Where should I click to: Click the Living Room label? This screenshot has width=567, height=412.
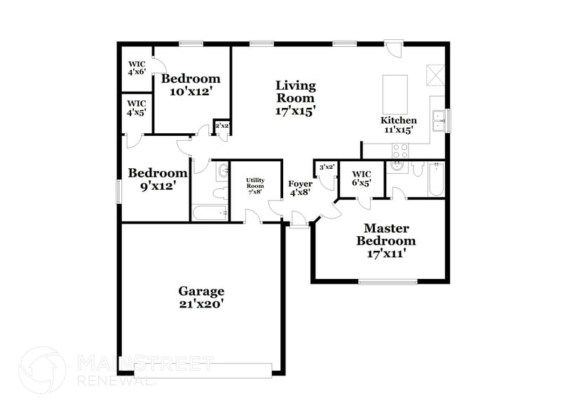(x=295, y=97)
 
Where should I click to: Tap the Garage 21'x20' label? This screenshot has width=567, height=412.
(x=201, y=297)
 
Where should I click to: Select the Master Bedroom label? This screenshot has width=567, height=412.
(x=385, y=241)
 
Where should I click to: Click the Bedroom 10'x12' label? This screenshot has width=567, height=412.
(x=191, y=85)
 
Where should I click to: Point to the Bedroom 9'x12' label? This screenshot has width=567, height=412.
(x=158, y=179)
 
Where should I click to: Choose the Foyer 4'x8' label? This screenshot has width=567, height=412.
(x=301, y=188)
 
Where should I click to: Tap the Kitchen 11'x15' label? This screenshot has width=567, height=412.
(x=399, y=125)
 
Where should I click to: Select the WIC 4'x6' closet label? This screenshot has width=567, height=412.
(x=136, y=68)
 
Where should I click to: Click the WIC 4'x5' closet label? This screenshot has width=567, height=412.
(x=136, y=108)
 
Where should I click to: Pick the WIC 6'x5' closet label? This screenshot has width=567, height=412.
(x=362, y=178)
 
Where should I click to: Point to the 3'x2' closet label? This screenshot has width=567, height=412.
(x=326, y=167)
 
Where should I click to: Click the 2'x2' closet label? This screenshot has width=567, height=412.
(x=222, y=126)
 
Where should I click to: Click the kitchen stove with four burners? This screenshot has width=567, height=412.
(x=400, y=150)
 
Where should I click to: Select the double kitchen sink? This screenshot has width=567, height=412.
(x=440, y=121)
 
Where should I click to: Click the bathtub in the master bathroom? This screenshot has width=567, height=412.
(x=436, y=179)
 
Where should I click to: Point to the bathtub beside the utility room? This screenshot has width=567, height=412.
(x=211, y=213)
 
